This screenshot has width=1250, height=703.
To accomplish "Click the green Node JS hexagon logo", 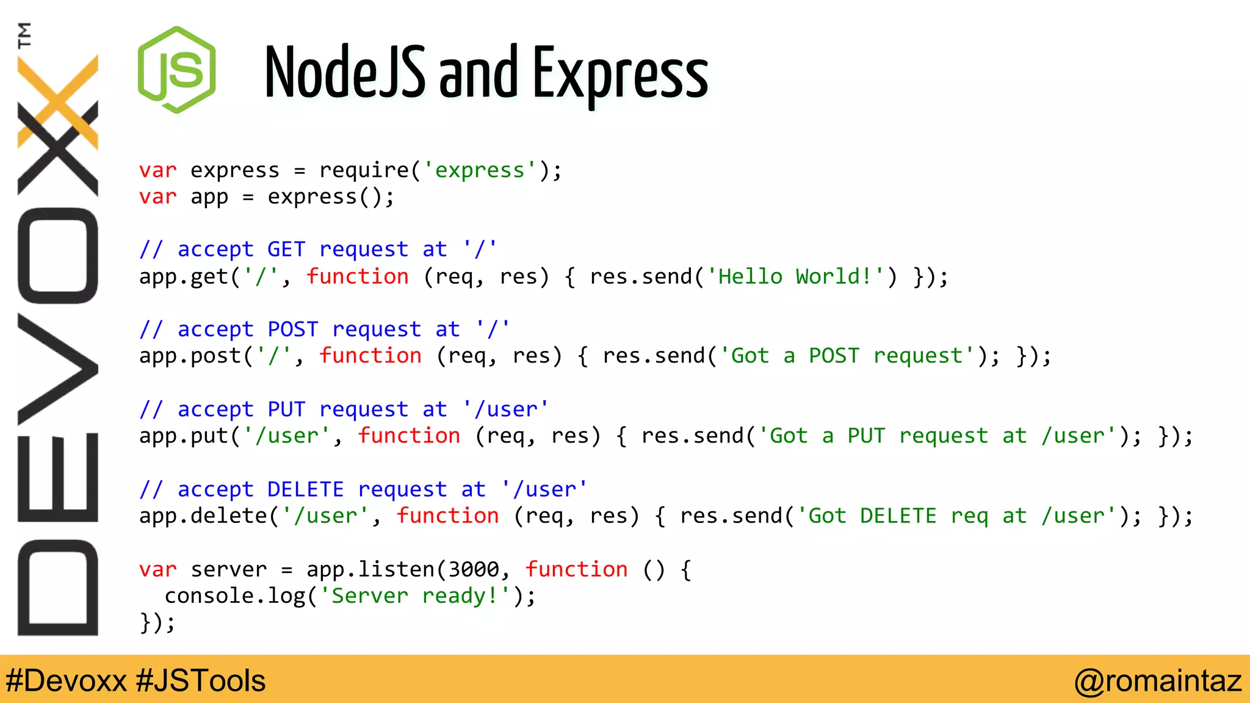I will [177, 70].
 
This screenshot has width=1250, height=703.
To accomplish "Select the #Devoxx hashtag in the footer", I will [66, 680].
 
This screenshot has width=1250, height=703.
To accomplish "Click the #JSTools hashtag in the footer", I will [201, 680].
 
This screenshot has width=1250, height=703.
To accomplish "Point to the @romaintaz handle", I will [1157, 680].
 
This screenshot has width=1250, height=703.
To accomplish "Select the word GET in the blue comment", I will [286, 250].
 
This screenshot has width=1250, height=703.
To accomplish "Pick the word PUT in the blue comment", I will [286, 409].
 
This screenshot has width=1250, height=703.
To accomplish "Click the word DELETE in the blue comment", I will [305, 489].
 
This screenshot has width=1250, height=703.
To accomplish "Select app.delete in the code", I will [203, 516].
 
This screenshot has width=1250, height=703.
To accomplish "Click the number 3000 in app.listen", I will [474, 569].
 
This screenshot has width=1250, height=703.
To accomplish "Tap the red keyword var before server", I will [157, 569].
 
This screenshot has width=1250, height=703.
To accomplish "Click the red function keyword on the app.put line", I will [408, 436].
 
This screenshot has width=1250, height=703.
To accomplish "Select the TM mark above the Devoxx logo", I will [24, 35].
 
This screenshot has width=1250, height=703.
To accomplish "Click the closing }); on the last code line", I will [157, 623].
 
